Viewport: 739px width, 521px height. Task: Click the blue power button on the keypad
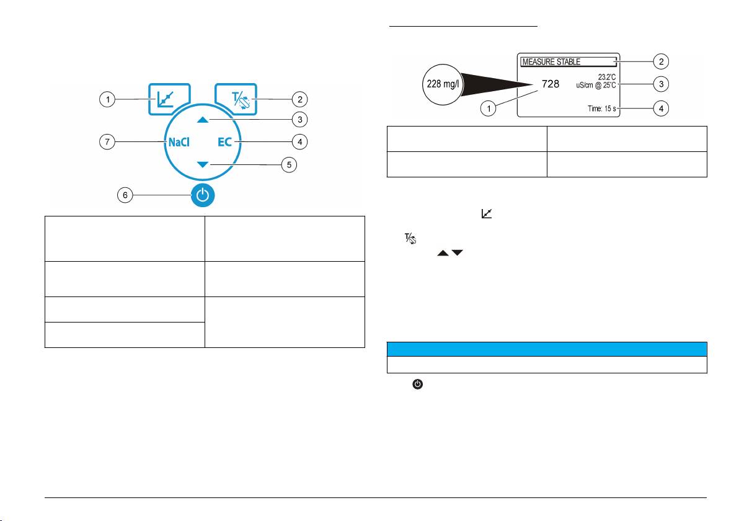click(206, 197)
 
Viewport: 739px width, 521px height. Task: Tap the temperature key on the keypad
click(238, 99)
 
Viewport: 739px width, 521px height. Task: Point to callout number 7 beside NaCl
click(108, 143)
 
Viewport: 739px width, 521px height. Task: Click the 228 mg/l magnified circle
click(441, 84)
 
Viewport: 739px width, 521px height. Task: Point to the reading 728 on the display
click(551, 84)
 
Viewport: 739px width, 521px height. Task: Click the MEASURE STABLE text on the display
click(550, 61)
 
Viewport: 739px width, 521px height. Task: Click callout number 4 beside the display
click(662, 109)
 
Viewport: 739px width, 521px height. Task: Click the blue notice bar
click(546, 348)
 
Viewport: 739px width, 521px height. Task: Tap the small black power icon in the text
click(418, 385)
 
